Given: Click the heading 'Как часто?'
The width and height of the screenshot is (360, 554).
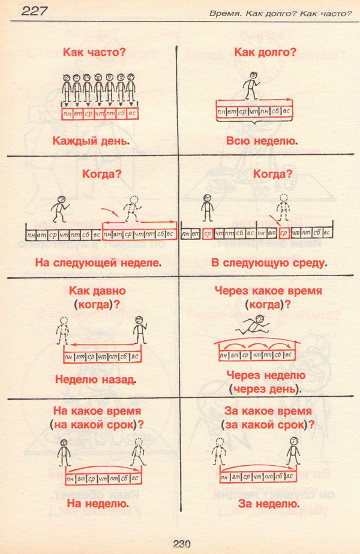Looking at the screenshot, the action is coord(94,52).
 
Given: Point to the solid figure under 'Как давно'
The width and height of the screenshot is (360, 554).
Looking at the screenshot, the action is coord(140,329).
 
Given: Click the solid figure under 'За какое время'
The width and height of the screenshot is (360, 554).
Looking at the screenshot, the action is coord(293,451).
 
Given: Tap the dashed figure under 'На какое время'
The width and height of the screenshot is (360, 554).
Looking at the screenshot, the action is coord(139,451).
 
